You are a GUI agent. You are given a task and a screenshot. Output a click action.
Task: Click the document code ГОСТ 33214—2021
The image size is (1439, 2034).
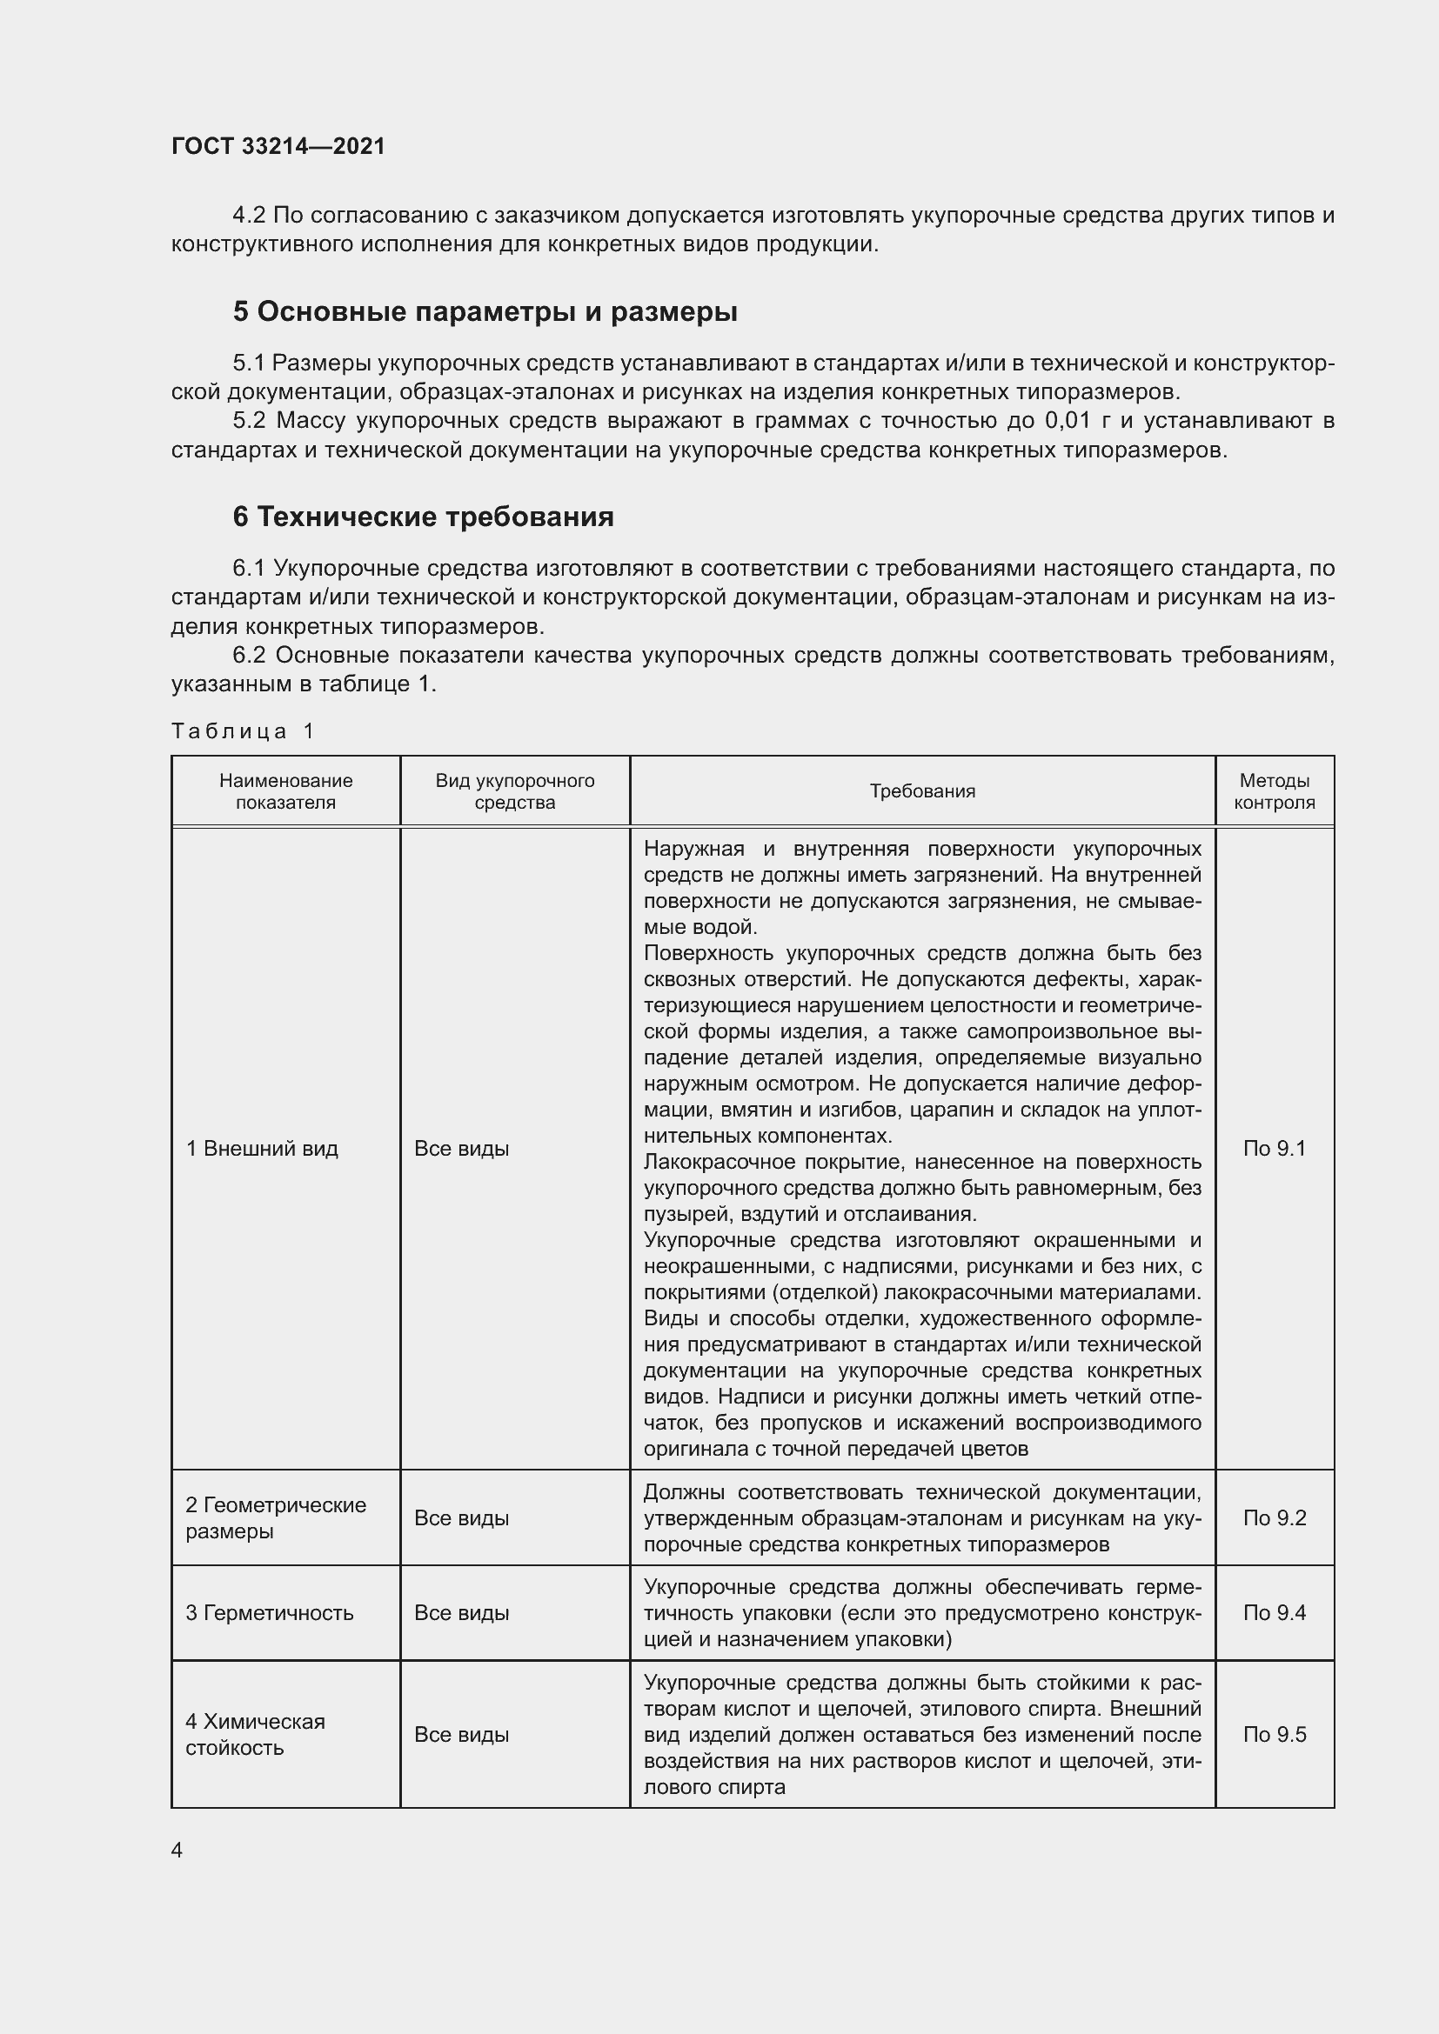point(278,146)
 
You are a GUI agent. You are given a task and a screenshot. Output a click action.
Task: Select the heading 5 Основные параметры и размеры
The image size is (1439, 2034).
point(485,311)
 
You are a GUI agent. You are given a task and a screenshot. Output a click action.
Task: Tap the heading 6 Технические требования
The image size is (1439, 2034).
point(423,516)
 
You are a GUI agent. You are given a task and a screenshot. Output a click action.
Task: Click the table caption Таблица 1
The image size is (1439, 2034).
point(243,730)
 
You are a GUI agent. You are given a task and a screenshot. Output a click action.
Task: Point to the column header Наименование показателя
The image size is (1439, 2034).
point(285,791)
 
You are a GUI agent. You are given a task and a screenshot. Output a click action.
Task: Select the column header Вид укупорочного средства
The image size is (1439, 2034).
point(514,791)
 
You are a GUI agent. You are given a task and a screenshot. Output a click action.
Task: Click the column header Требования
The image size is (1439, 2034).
point(921,791)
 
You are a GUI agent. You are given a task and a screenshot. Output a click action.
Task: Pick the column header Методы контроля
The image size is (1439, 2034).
point(1274,791)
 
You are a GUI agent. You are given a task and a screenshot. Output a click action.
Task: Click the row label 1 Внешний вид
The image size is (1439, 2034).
point(261,1149)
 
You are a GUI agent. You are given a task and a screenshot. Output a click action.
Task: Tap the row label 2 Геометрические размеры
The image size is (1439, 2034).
point(275,1517)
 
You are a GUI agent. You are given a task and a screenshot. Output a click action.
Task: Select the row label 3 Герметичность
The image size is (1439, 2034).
point(269,1612)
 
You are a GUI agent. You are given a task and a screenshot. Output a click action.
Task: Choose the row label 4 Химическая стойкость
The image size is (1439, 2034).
point(254,1735)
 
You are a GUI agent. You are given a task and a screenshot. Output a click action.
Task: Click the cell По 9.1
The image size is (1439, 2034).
point(1274,1149)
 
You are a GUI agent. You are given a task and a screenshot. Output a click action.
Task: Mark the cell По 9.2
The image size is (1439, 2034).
point(1274,1517)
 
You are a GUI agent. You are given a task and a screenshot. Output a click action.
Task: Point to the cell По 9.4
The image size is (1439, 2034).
point(1274,1612)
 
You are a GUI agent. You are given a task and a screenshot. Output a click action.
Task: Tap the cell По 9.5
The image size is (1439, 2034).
point(1274,1735)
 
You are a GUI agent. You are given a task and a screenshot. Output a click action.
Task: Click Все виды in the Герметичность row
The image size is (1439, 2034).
point(461,1612)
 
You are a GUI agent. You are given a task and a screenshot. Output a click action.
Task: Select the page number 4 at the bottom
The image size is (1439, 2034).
point(177,1850)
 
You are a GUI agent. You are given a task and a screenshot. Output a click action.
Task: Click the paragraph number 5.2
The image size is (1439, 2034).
point(249,421)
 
